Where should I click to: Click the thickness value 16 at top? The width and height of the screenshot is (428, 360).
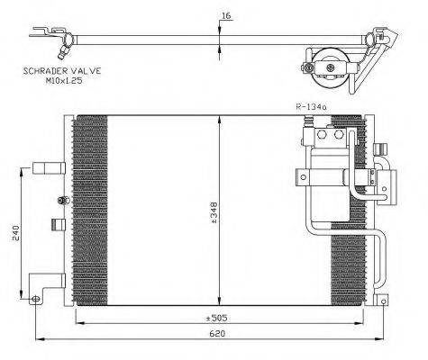pyautogui.click(x=225, y=15)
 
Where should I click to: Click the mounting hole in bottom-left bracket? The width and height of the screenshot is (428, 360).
pyautogui.click(x=35, y=299)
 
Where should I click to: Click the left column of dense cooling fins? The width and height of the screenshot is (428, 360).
pyautogui.click(x=89, y=211)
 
